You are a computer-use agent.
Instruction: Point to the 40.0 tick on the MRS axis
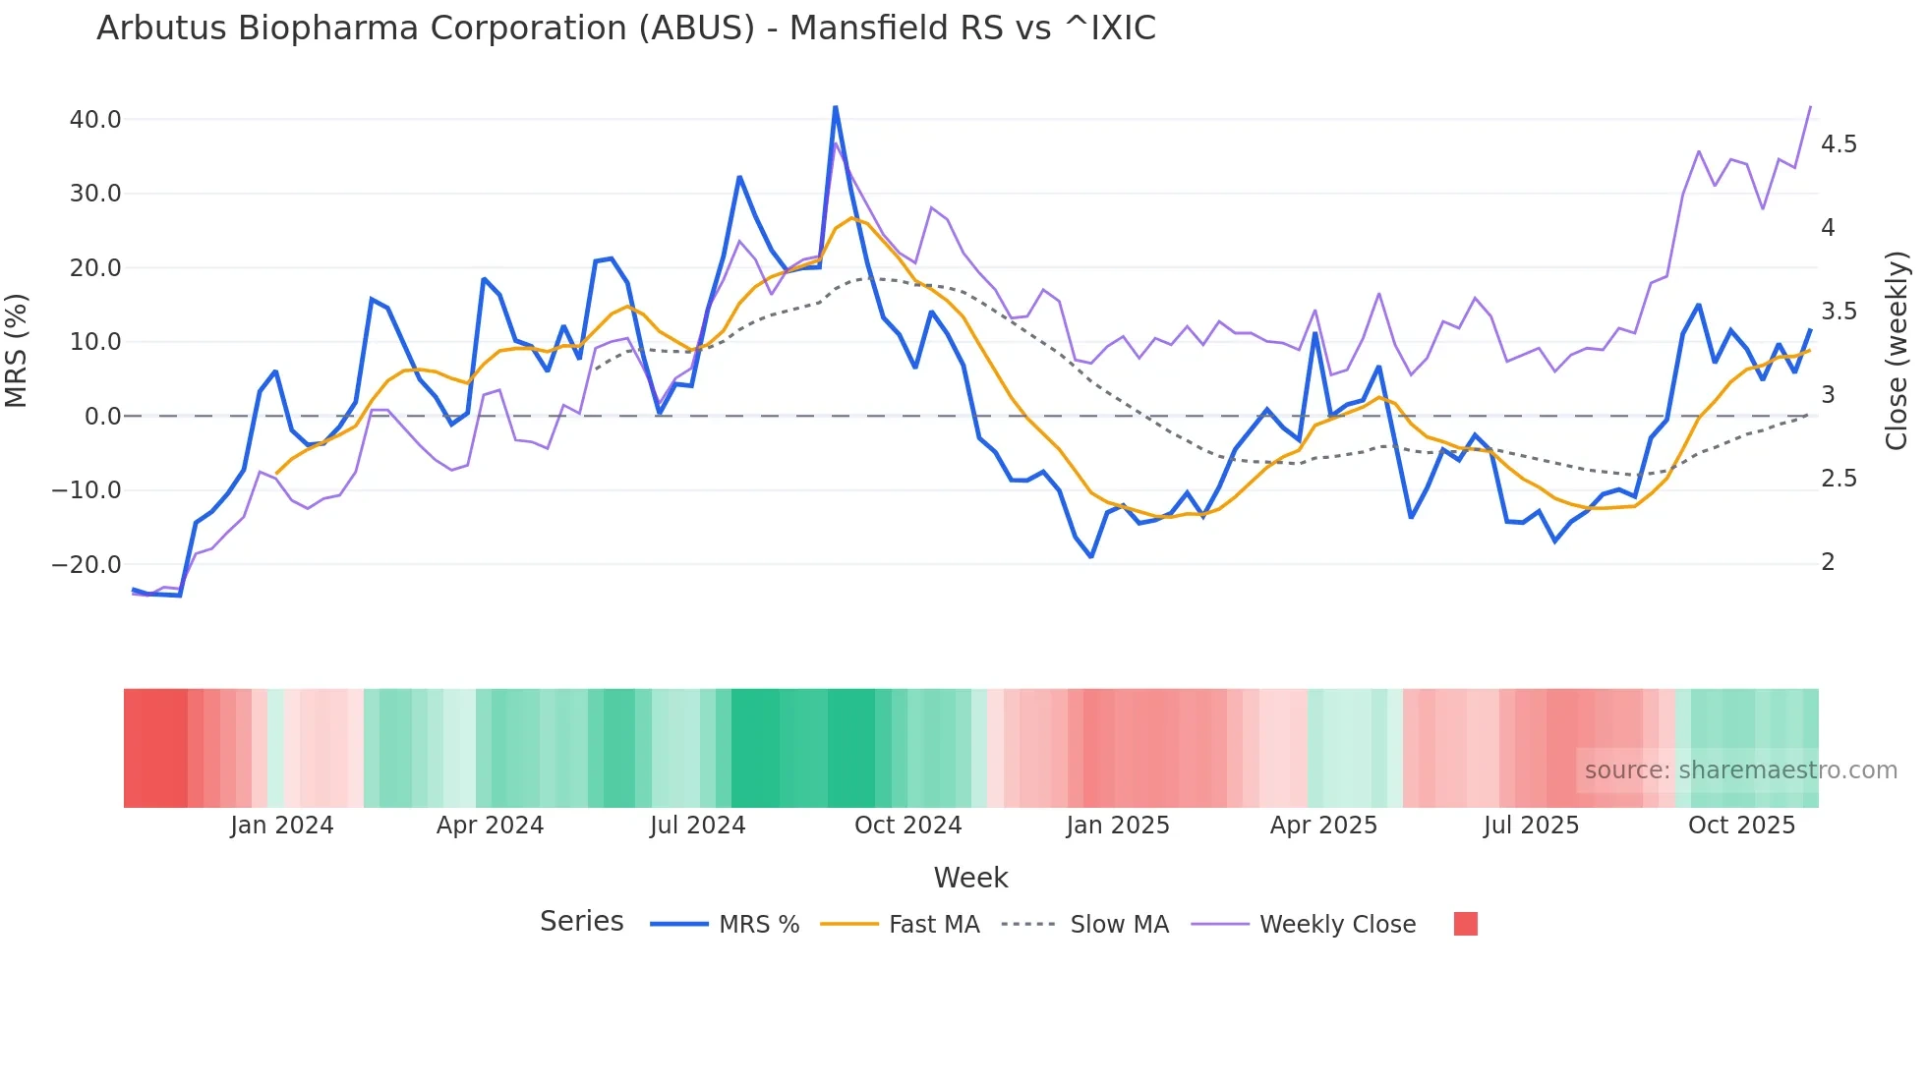(x=95, y=120)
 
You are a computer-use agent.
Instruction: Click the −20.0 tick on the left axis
(x=87, y=565)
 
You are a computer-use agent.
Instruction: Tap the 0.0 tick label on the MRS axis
(x=102, y=417)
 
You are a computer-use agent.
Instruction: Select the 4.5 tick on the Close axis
(x=1839, y=144)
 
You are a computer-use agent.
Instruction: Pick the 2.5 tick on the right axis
(x=1839, y=479)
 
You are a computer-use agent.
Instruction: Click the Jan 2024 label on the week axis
(x=282, y=826)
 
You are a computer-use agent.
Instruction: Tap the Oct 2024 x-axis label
(x=907, y=826)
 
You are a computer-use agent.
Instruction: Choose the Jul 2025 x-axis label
(x=1531, y=826)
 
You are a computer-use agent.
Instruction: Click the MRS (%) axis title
(x=17, y=351)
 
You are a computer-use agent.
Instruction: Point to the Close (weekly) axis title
(x=1897, y=351)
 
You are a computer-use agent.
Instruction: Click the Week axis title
(x=970, y=878)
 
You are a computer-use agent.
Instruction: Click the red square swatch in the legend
(x=1465, y=924)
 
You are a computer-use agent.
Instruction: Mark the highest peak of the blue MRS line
(x=836, y=107)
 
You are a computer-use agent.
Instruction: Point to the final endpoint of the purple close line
(x=1810, y=107)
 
